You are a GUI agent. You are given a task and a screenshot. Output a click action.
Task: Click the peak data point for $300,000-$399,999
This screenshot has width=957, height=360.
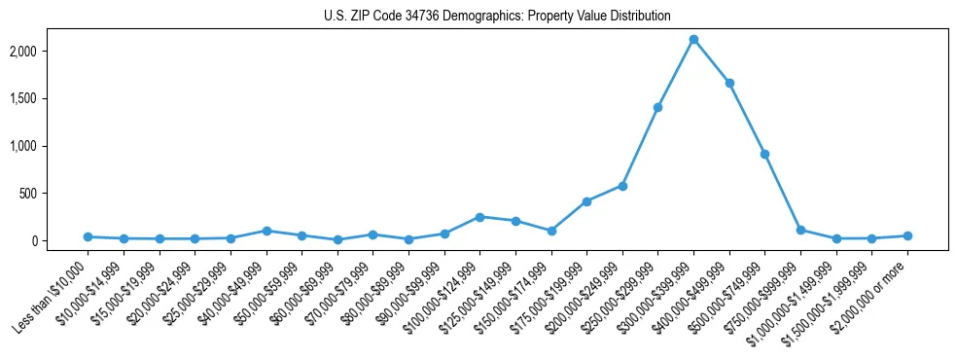pyautogui.click(x=693, y=40)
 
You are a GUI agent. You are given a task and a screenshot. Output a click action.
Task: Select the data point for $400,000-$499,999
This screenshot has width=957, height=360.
pyautogui.click(x=729, y=83)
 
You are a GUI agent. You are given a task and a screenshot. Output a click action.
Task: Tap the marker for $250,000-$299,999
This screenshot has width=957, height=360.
pyautogui.click(x=658, y=107)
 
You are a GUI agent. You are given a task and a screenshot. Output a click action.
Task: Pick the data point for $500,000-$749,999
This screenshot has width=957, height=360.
pyautogui.click(x=765, y=154)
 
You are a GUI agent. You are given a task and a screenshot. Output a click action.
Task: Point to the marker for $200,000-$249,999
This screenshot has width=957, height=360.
pyautogui.click(x=622, y=186)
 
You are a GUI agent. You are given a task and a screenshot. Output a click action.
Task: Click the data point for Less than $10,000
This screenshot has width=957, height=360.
pyautogui.click(x=88, y=236)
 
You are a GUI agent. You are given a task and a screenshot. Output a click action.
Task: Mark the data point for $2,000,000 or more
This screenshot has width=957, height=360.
pyautogui.click(x=907, y=235)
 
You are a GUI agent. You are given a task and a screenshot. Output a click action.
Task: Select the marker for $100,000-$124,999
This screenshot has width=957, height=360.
pyautogui.click(x=479, y=217)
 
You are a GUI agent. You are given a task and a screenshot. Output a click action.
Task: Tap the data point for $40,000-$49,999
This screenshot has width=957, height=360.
pyautogui.click(x=266, y=231)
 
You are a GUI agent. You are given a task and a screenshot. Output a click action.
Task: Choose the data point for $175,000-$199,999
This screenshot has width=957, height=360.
pyautogui.click(x=586, y=201)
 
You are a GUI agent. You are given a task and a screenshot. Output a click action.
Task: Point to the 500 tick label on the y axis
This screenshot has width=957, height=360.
pyautogui.click(x=54, y=194)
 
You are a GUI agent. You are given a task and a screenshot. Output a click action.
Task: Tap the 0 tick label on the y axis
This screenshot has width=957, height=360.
pyautogui.click(x=60, y=241)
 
